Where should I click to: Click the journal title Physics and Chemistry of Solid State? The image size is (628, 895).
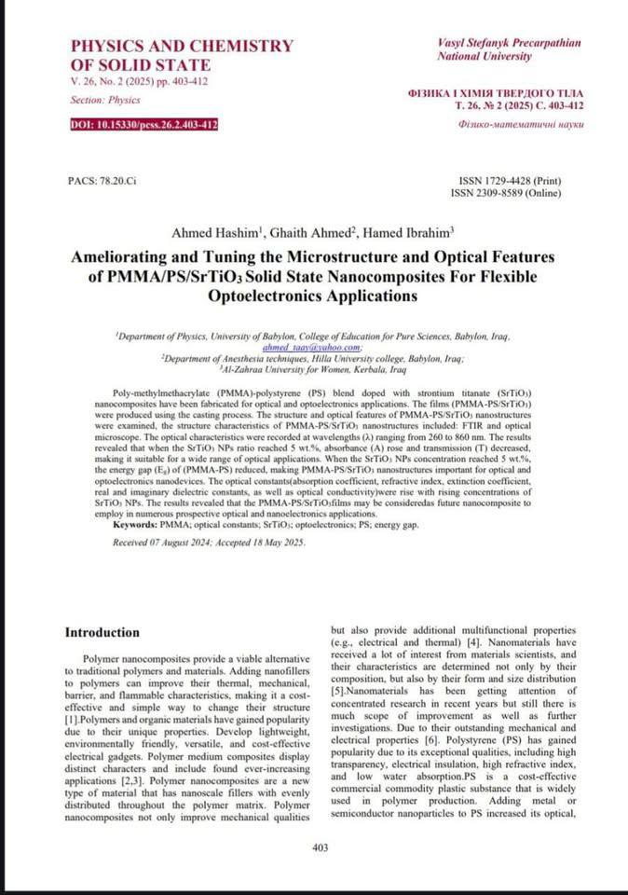pos(182,55)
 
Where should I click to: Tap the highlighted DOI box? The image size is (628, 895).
pos(144,124)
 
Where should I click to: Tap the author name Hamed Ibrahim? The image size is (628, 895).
pos(411,232)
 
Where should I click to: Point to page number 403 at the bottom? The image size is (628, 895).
pos(321,847)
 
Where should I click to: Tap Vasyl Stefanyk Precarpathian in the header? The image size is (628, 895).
pos(508,43)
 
